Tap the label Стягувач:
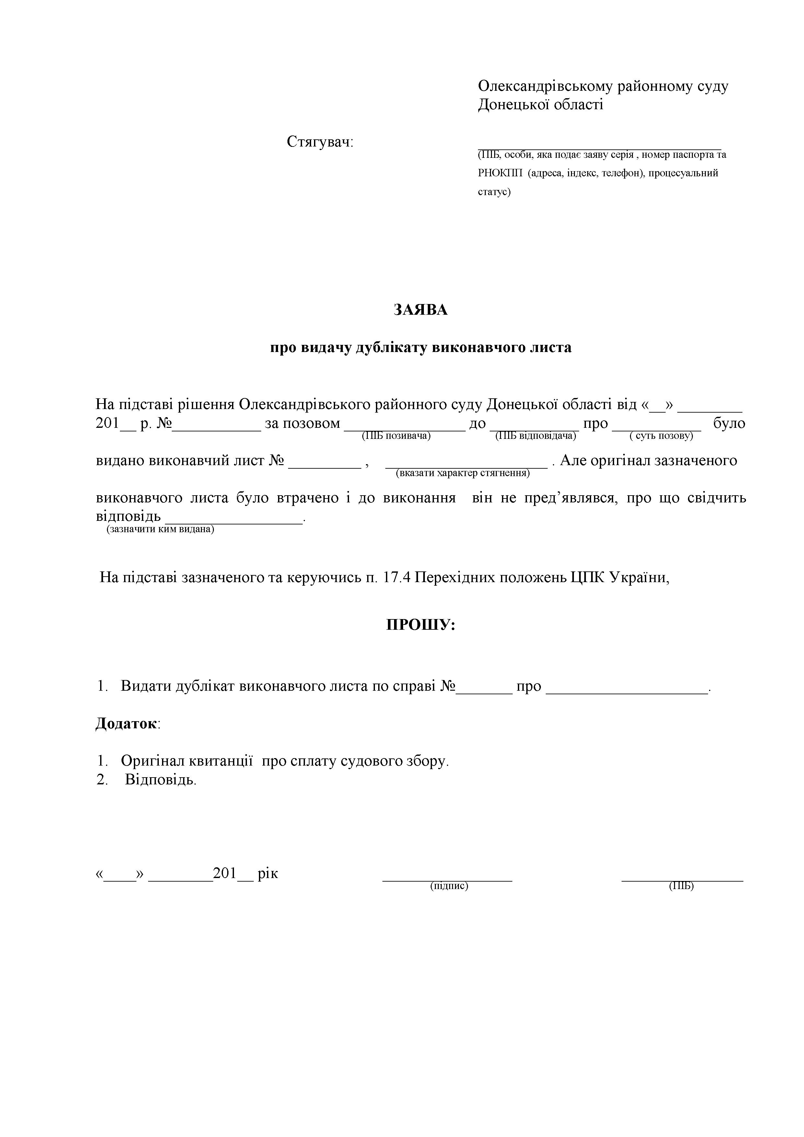320,142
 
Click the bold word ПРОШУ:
420,625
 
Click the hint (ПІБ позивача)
396,436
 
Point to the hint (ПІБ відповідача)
536,436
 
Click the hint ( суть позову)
661,436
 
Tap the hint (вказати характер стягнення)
463,473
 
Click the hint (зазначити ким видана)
160,529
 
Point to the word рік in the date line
268,873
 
